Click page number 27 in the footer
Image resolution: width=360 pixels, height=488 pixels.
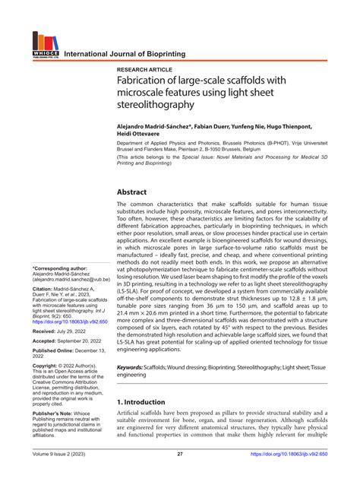pos(180,475)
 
